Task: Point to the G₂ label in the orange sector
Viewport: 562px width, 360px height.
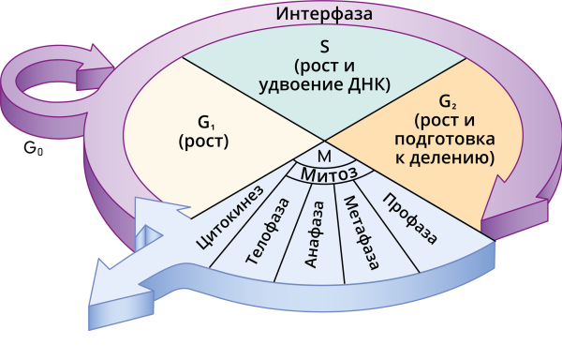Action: click(454, 102)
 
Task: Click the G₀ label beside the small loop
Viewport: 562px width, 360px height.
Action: click(35, 147)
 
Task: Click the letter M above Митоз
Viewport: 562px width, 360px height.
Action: click(323, 155)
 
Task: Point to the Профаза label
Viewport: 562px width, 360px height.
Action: click(410, 217)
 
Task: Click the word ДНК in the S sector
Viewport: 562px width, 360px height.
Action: click(369, 86)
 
